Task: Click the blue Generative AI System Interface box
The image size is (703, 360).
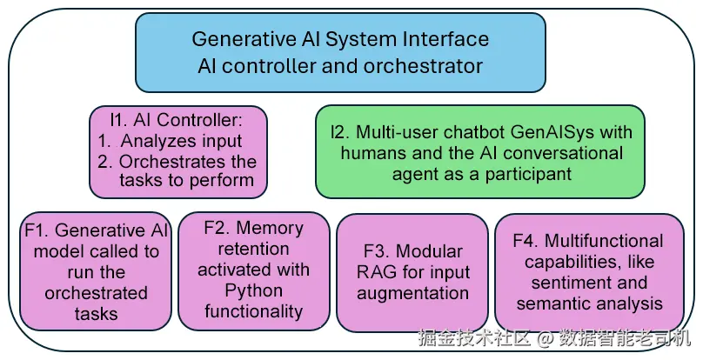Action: click(x=340, y=52)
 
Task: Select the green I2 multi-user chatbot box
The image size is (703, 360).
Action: click(x=480, y=151)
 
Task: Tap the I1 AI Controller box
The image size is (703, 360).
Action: click(x=178, y=152)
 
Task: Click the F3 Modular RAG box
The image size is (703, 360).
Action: click(x=412, y=272)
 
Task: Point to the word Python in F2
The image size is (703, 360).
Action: click(x=253, y=290)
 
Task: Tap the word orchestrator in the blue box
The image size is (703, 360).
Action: click(x=423, y=66)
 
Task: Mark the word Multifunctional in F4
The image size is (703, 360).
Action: click(x=604, y=241)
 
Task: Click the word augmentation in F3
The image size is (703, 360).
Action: click(x=413, y=294)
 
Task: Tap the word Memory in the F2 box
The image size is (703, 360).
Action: click(x=270, y=228)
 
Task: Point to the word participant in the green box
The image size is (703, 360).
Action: click(x=528, y=174)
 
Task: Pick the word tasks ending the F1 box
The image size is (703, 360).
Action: click(x=97, y=313)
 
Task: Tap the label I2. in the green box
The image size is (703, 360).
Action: click(x=341, y=132)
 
